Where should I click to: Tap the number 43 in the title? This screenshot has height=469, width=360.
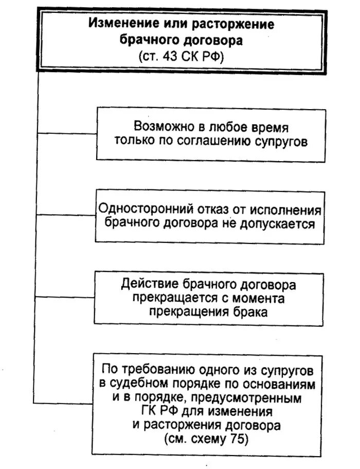(x=170, y=57)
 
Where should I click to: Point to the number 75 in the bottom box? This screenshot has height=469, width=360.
(x=238, y=440)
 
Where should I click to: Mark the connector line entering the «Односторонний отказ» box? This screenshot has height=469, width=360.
(x=66, y=215)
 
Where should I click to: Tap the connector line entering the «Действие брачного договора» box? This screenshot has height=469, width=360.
(x=66, y=297)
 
